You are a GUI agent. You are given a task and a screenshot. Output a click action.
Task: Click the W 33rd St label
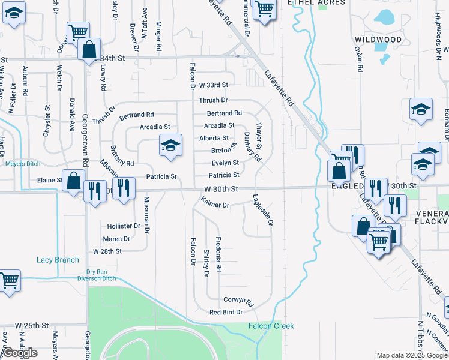[x=214, y=85]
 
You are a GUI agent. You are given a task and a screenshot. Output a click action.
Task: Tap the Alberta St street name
[x=214, y=138]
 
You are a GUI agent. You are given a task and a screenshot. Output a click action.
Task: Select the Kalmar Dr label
[x=216, y=205]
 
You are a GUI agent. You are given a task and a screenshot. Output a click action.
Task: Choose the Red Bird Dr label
[x=226, y=312]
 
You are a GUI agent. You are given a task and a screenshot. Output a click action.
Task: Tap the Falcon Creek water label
[x=271, y=326]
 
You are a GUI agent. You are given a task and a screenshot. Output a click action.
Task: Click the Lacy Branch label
[x=58, y=260]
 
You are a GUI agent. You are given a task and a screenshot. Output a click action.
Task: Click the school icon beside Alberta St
[x=170, y=145]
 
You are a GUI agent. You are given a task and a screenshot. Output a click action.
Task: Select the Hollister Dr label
[x=123, y=226]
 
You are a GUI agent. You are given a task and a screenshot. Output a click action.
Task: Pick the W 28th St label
[x=107, y=251]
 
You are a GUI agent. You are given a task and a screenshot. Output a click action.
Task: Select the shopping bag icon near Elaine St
[x=73, y=181]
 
